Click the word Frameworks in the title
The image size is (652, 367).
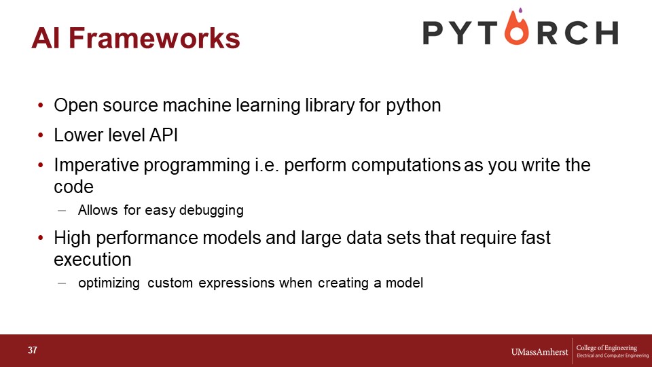point(154,38)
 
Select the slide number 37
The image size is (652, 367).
point(33,350)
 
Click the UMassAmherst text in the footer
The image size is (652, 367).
point(539,352)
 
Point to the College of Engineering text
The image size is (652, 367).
point(606,347)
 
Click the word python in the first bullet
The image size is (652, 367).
point(414,106)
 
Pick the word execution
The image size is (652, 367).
point(92,260)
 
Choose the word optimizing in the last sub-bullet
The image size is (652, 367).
point(109,283)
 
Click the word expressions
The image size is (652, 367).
point(236,283)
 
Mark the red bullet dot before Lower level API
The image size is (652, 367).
point(40,135)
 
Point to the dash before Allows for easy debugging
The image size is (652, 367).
point(62,211)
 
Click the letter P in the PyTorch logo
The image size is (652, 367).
point(433,33)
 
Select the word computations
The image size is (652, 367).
point(405,165)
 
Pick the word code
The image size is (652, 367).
point(73,187)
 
